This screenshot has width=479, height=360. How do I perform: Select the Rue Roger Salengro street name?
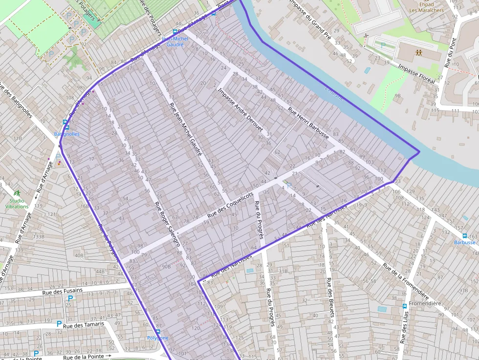168,223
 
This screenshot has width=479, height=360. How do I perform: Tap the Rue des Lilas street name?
404,327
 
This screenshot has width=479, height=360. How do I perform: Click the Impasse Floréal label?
416,74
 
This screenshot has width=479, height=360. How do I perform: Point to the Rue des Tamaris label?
84,324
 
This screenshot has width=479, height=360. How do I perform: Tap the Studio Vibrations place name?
17,203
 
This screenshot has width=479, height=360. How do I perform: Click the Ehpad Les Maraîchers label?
419,7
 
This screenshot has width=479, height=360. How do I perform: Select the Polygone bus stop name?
157,338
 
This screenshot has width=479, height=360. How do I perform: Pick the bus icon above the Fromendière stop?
405,306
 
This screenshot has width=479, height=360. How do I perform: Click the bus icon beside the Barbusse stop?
473,236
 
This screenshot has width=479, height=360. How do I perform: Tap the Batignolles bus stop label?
66,134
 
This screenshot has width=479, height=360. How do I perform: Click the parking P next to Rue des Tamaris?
59,323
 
